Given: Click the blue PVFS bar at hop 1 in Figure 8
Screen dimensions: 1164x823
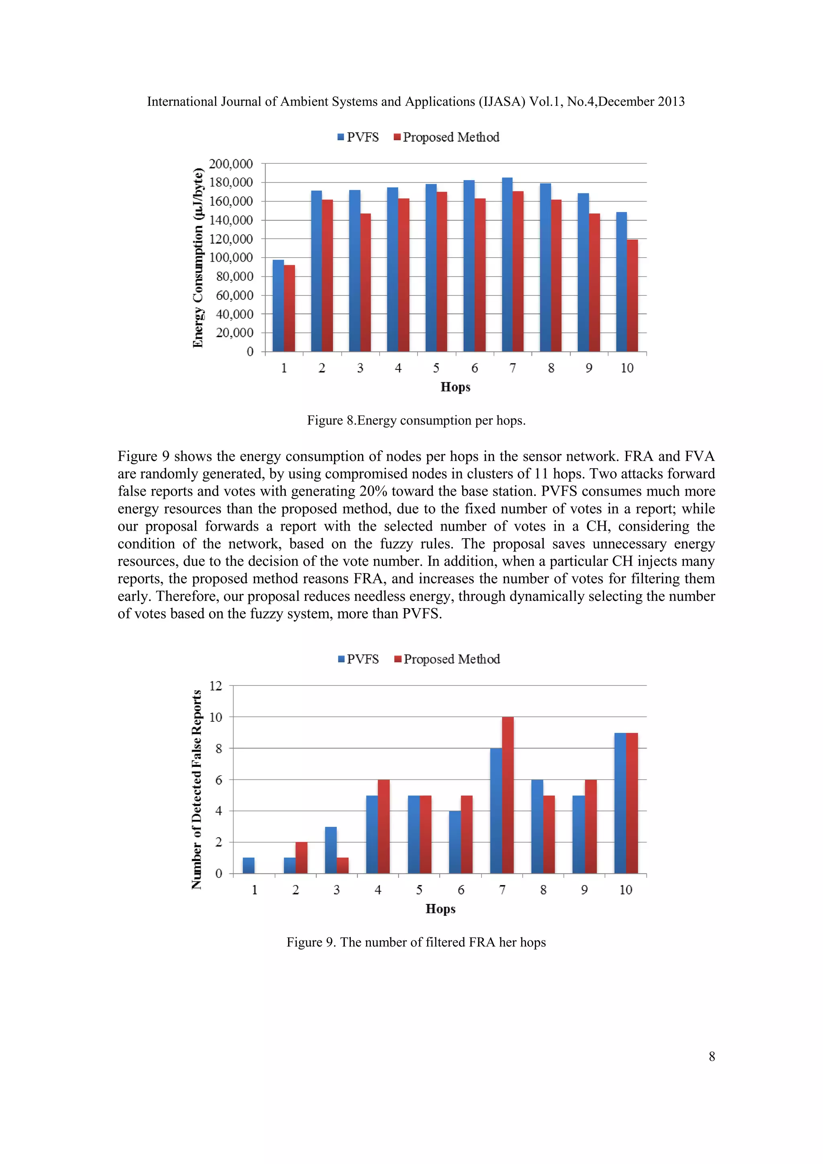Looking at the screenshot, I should [x=278, y=306].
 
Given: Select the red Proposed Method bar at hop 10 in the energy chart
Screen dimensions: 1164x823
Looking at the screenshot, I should [x=633, y=295].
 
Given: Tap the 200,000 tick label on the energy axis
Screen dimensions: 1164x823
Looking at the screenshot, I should [x=231, y=164].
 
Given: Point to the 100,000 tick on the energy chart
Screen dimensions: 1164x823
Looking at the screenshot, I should [x=231, y=258].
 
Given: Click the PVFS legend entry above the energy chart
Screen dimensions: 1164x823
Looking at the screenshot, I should [x=358, y=137].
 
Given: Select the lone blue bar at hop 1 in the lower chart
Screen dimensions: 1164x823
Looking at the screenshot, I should [x=248, y=865].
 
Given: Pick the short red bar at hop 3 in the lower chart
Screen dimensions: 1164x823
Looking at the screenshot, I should [x=342, y=865].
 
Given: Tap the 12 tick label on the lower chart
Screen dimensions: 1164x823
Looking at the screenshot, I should [x=216, y=686].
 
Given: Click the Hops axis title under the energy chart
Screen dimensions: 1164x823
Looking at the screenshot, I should [x=455, y=387].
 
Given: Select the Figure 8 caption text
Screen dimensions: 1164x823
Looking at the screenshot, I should [x=416, y=421].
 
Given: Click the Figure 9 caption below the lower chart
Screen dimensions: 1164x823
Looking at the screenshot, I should [x=416, y=943].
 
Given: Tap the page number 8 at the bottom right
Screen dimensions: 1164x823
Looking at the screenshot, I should [x=712, y=1057].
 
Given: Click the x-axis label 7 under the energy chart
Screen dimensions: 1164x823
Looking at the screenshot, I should [x=512, y=368].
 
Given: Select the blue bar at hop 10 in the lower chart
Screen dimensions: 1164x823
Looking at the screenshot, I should [x=620, y=803].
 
